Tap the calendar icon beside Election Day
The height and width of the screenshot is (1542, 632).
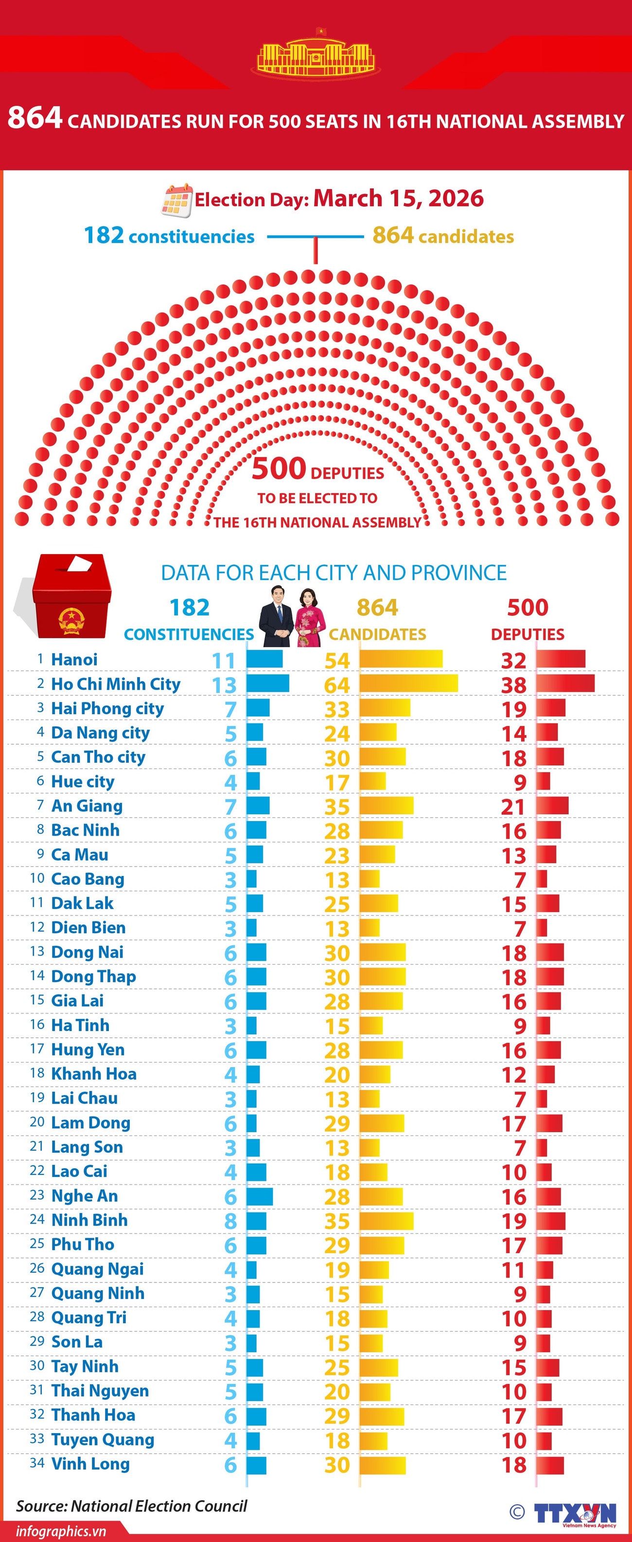(177, 200)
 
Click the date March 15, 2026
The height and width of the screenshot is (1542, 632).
(398, 198)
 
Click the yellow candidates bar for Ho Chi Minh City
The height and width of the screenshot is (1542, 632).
(408, 683)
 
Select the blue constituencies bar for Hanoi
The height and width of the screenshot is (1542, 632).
(264, 659)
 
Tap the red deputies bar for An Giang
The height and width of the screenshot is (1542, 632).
(552, 806)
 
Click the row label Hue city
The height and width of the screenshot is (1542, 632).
(83, 781)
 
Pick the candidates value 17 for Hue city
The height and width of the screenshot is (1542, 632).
(337, 782)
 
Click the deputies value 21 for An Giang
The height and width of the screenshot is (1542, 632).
(513, 807)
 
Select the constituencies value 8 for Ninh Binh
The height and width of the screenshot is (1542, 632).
(230, 1221)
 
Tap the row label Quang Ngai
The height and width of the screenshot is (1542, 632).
(97, 1269)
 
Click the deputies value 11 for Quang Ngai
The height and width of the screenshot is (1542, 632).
(513, 1270)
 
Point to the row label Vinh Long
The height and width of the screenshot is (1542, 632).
(90, 1464)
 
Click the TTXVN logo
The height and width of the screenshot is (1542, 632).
(575, 1513)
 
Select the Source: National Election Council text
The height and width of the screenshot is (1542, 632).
(132, 1506)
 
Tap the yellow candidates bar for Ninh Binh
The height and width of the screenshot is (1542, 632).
(386, 1221)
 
